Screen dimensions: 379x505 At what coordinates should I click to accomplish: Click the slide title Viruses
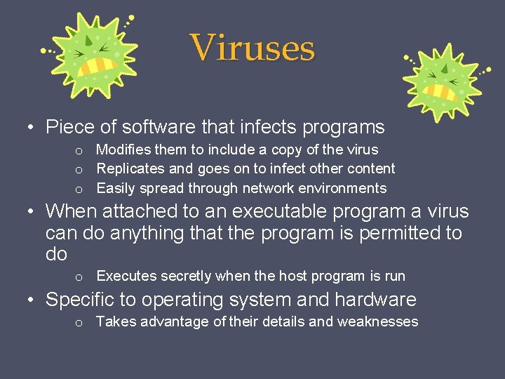click(x=252, y=48)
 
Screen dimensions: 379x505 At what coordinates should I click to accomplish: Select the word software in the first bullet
click(x=159, y=127)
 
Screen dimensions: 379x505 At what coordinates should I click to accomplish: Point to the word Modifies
click(x=120, y=149)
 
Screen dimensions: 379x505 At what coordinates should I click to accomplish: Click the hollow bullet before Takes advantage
click(x=80, y=322)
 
